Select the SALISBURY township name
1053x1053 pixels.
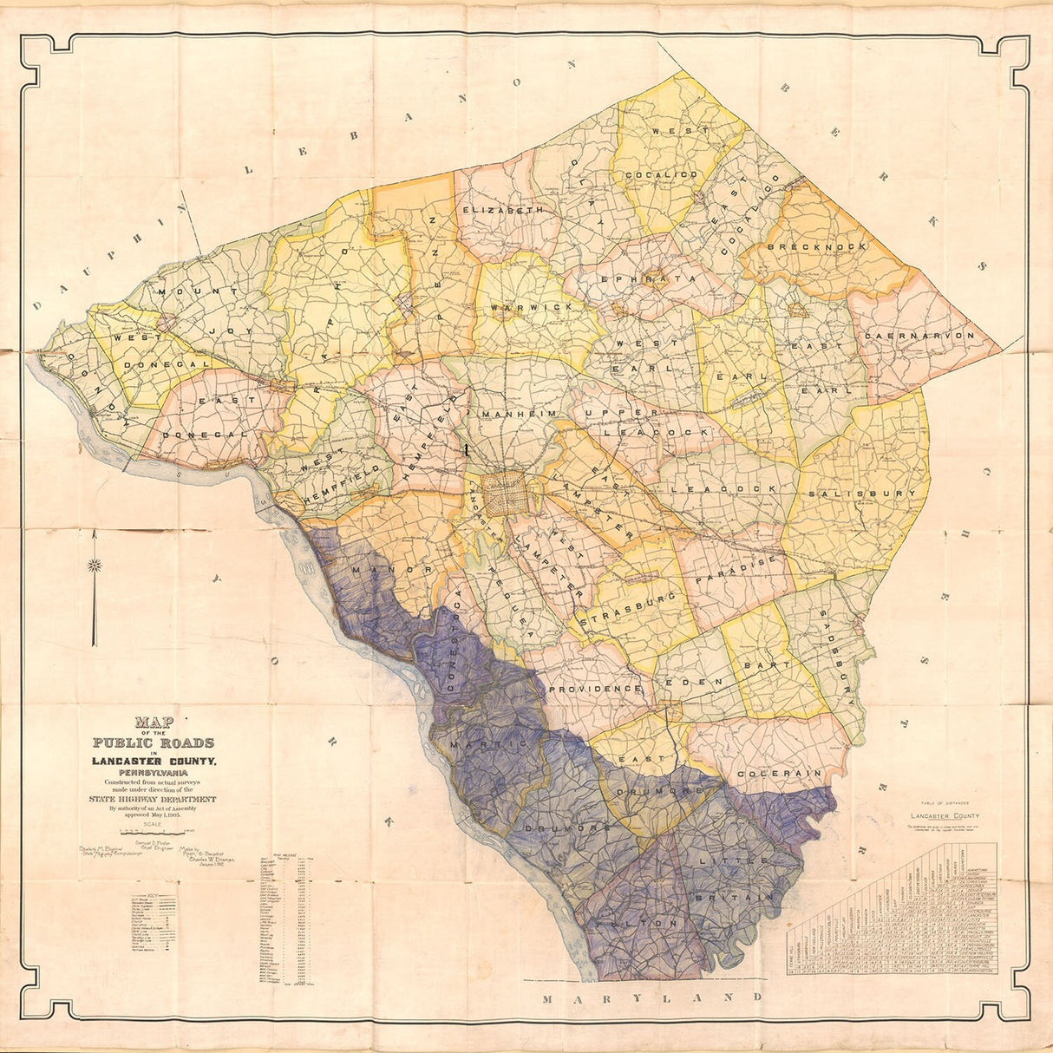click(873, 494)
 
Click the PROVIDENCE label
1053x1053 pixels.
click(594, 688)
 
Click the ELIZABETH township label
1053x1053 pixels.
click(503, 210)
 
